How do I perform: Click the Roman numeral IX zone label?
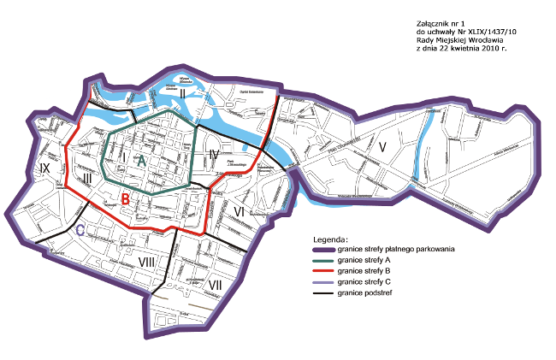[45, 169]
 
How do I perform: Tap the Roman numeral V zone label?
[384, 146]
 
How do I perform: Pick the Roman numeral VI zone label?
[239, 210]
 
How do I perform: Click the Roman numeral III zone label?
[88, 177]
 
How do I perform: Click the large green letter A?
[142, 160]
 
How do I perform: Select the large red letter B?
[125, 200]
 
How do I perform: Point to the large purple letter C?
[80, 230]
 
